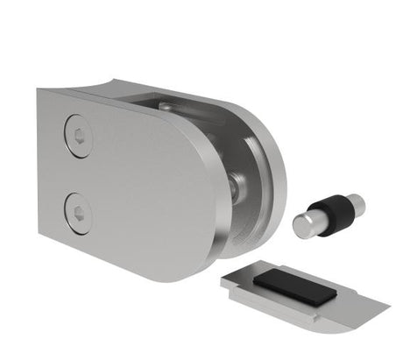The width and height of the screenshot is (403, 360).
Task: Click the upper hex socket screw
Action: point(78,138)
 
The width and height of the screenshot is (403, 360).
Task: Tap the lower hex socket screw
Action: point(78,211)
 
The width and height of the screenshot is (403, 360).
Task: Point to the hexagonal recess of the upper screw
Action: point(79,137)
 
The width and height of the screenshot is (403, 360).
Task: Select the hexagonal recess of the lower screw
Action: point(79,211)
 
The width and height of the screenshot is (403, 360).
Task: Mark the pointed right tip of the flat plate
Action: point(385,304)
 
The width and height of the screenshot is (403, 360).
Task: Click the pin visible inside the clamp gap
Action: point(236,185)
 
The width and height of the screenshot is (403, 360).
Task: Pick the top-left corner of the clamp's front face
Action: point(39,90)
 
